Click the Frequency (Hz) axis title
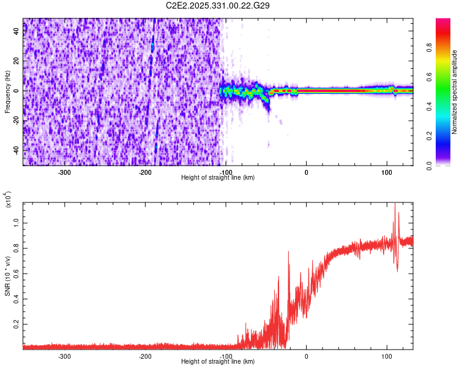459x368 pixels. point(7,92)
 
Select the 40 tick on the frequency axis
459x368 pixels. point(17,31)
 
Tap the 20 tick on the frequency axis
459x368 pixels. point(17,61)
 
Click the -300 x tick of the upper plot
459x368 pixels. point(65,171)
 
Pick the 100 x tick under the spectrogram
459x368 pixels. point(387,171)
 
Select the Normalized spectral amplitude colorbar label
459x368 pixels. point(454,92)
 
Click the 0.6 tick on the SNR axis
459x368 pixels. point(17,273)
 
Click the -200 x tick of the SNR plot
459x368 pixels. point(146,356)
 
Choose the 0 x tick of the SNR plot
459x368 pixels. point(307,356)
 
